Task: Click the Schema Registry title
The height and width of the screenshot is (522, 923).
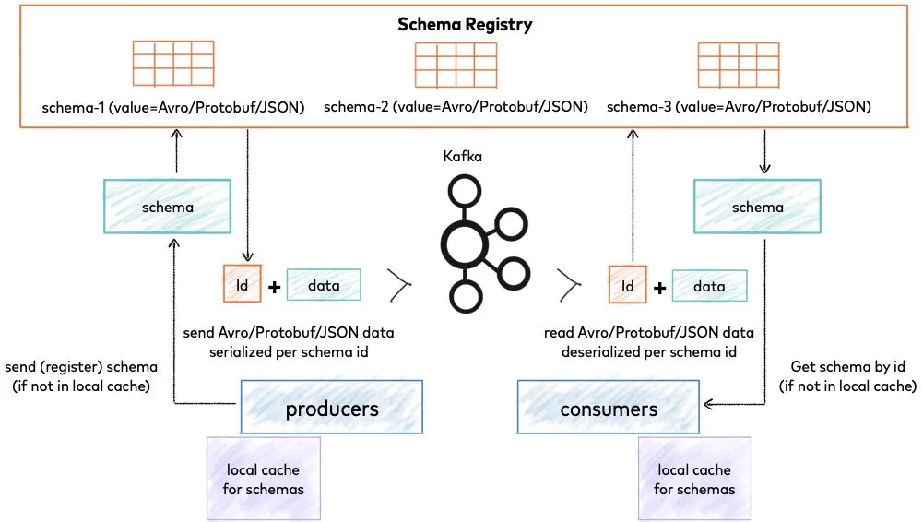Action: click(465, 24)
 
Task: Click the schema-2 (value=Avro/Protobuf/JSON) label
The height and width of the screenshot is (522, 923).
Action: click(456, 107)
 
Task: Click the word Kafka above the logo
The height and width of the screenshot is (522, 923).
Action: click(463, 158)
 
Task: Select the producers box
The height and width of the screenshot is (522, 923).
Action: click(332, 409)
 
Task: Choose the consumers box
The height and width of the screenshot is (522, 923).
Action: click(608, 409)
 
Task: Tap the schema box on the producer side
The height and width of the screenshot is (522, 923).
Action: click(167, 207)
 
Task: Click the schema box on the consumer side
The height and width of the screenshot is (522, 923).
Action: click(757, 207)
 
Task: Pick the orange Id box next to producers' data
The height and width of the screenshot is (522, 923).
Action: click(243, 285)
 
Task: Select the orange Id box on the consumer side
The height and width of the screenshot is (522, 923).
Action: click(628, 286)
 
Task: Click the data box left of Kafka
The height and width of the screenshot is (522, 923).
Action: click(324, 285)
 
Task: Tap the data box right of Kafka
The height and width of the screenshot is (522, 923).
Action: click(709, 286)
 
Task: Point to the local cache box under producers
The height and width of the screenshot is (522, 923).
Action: click(263, 480)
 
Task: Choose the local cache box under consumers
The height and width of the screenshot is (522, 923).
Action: click(694, 480)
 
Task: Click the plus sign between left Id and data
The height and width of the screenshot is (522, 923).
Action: click(274, 287)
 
